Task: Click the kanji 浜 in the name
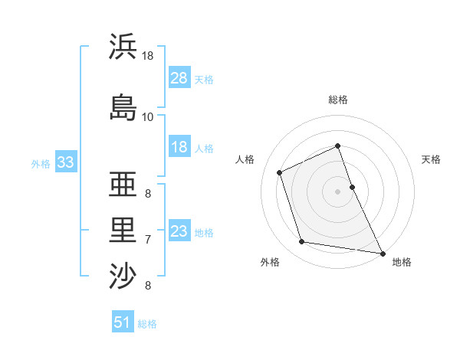123,47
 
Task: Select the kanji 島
123,107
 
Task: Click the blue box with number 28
179,78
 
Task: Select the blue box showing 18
179,148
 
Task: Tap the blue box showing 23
179,231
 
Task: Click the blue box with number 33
65,162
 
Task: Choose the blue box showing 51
123,322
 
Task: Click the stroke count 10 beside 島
148,117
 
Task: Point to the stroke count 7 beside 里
148,240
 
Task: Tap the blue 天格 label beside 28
204,79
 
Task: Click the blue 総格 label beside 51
147,323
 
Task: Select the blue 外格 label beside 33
41,163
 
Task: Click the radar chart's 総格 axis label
338,100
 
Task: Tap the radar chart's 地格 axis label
402,263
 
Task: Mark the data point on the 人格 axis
280,172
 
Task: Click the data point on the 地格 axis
383,253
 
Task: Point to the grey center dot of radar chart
338,191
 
